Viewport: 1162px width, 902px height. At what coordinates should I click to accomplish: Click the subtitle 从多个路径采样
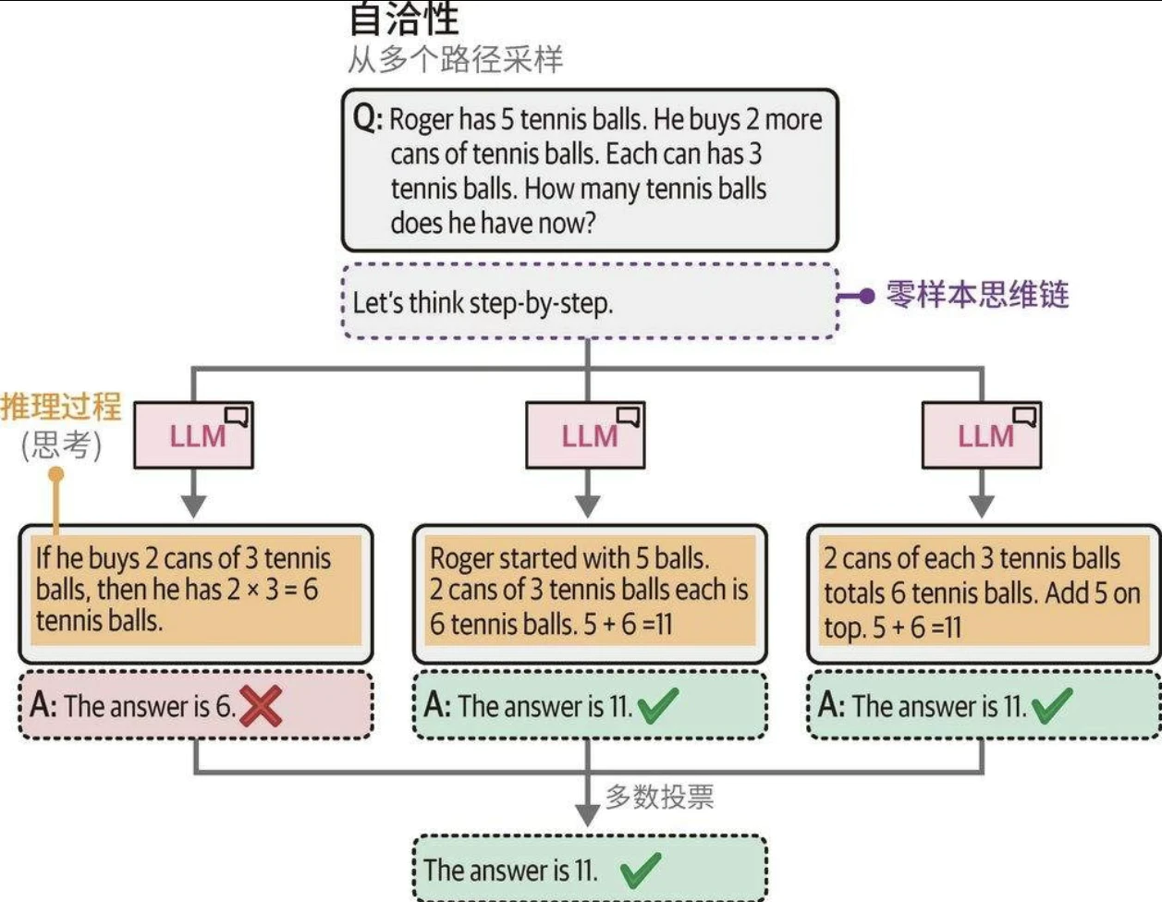click(x=455, y=60)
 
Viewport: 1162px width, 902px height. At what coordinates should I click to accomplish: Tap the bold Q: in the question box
click(x=367, y=119)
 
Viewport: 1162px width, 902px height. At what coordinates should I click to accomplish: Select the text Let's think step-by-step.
click(x=483, y=303)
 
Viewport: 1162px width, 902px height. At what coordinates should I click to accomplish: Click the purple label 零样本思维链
click(x=977, y=295)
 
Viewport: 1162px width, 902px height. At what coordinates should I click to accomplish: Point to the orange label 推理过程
click(x=61, y=407)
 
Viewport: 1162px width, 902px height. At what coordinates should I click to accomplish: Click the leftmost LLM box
click(x=194, y=435)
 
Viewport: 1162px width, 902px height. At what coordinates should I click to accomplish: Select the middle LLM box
click(x=586, y=435)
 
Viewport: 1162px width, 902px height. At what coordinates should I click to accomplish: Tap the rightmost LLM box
click(x=982, y=435)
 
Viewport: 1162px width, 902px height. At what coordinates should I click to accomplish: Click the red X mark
click(x=262, y=707)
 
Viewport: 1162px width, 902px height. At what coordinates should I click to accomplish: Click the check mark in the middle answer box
click(x=657, y=707)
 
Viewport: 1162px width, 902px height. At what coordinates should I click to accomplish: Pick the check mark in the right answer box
click(x=1051, y=707)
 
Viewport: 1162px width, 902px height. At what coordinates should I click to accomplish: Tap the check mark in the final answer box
click(x=640, y=870)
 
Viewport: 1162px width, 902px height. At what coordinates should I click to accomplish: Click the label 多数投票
click(x=659, y=797)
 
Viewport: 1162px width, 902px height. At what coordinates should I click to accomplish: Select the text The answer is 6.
click(x=149, y=707)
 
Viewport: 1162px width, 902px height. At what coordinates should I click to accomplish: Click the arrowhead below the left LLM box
click(x=193, y=506)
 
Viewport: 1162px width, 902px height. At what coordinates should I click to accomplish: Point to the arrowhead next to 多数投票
click(x=587, y=813)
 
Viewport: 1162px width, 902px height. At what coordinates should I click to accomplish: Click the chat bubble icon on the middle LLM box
click(x=629, y=417)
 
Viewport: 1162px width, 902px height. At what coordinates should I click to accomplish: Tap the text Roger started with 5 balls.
click(x=569, y=558)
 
